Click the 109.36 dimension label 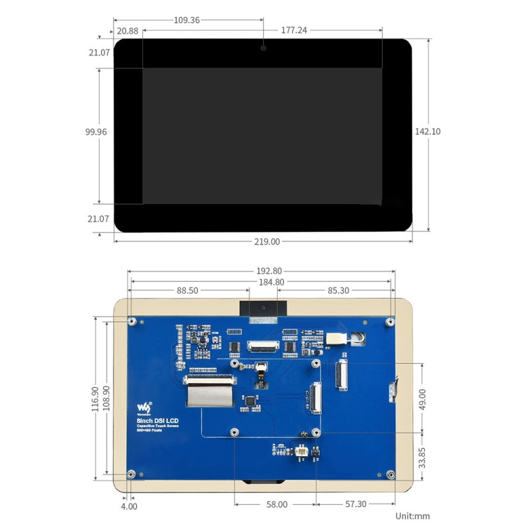click(187, 20)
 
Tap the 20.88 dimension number click(128, 31)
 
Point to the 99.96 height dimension click(96, 131)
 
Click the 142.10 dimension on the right click(428, 131)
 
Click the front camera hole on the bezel click(263, 48)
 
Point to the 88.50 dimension click(187, 290)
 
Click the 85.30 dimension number click(338, 290)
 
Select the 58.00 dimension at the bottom click(276, 504)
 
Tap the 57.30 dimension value click(356, 504)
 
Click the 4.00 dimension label click(129, 506)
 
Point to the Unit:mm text click(412, 515)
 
